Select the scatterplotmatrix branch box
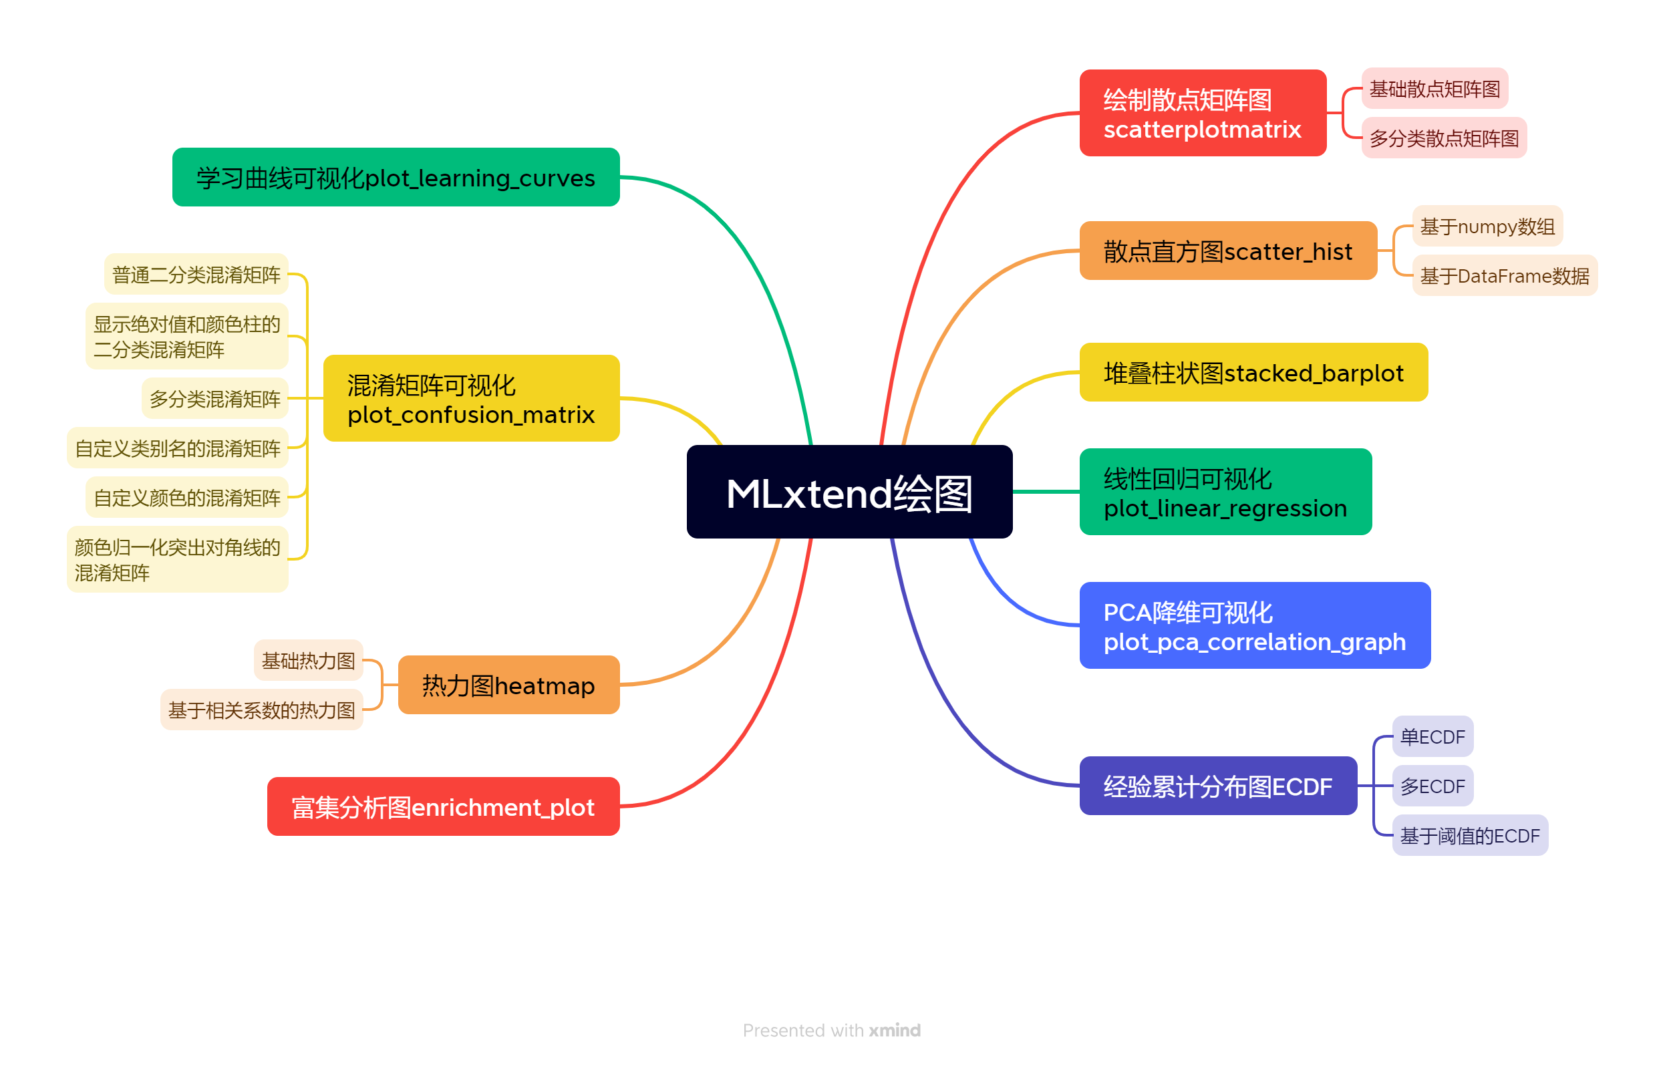click(x=1203, y=113)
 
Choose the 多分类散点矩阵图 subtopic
click(x=1444, y=138)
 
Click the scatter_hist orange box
click(x=1227, y=251)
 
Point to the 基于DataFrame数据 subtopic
click(x=1504, y=276)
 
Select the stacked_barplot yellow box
click(x=1253, y=372)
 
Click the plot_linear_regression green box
click(x=1225, y=492)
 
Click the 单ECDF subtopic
click(x=1432, y=736)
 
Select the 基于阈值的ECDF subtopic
click(x=1469, y=835)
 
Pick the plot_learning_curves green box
click(x=396, y=177)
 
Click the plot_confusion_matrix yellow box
click(x=471, y=398)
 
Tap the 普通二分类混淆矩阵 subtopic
click(x=196, y=275)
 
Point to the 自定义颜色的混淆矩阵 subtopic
click(x=186, y=497)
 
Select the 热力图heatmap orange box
click(x=508, y=685)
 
